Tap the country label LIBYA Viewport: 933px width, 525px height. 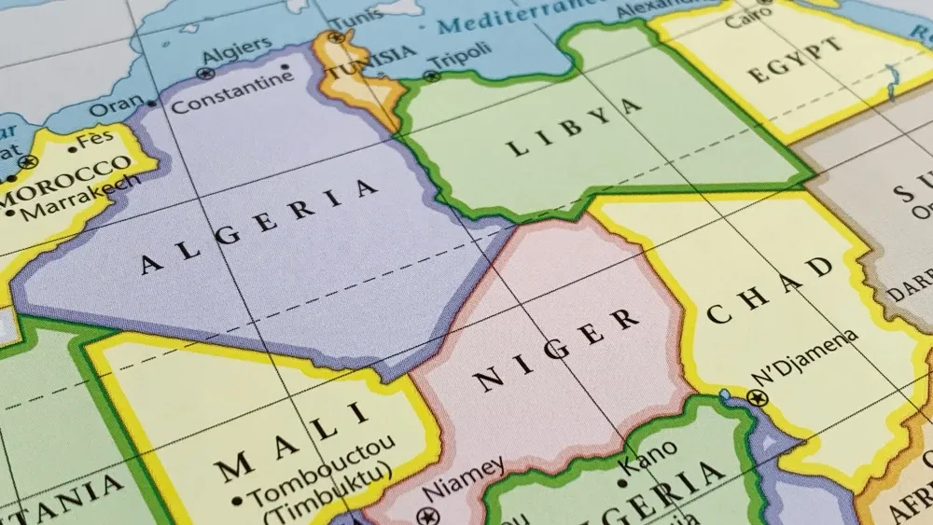coord(574,127)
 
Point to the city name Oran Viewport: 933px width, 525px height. coord(117,106)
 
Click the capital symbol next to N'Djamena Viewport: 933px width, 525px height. coord(758,398)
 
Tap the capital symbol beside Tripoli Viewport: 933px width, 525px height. coord(431,76)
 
